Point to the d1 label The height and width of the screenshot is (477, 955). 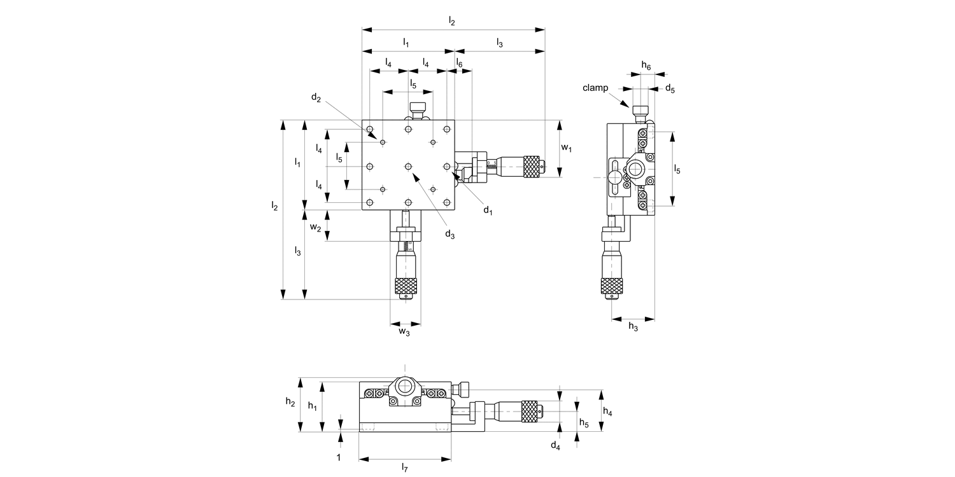(x=487, y=211)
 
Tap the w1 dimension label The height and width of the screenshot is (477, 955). (x=566, y=148)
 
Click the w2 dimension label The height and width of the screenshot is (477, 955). (x=315, y=227)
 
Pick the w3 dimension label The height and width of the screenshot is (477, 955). (x=404, y=331)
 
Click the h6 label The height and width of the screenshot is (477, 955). (x=646, y=66)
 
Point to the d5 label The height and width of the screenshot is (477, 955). (x=670, y=88)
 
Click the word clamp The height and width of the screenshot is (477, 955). (x=596, y=88)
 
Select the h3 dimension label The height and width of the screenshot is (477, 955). (x=633, y=326)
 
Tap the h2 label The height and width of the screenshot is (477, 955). (x=290, y=401)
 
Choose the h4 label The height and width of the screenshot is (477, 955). (x=607, y=412)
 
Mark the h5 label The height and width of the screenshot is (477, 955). (x=584, y=422)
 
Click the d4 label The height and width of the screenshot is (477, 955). (x=555, y=445)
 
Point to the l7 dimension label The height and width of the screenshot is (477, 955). (x=404, y=468)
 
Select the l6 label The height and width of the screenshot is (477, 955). (x=459, y=64)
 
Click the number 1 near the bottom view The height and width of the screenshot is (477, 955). (x=339, y=457)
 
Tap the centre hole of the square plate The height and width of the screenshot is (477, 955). (x=408, y=167)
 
